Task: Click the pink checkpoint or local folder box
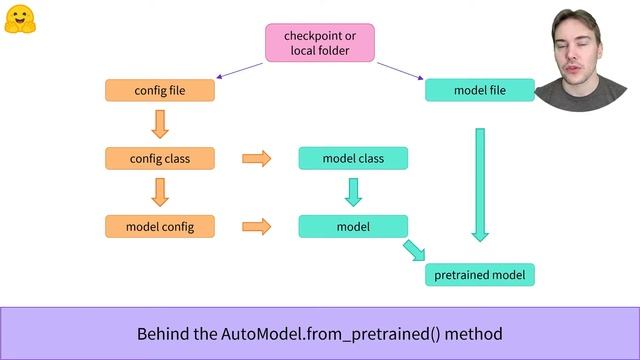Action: [319, 43]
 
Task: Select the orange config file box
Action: [160, 90]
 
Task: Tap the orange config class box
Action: [160, 158]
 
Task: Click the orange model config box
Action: [160, 226]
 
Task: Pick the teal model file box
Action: [480, 90]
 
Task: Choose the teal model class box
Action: [353, 158]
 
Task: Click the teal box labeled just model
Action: [353, 226]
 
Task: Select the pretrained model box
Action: [480, 274]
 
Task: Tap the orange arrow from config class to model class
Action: [257, 158]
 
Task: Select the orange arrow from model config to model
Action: [257, 226]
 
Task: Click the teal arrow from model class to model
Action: [353, 191]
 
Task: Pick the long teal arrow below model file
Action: [480, 184]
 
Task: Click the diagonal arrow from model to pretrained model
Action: [414, 250]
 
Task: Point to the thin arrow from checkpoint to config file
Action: [240, 71]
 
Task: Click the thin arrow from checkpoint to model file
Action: [399, 71]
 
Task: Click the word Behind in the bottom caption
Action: [161, 333]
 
